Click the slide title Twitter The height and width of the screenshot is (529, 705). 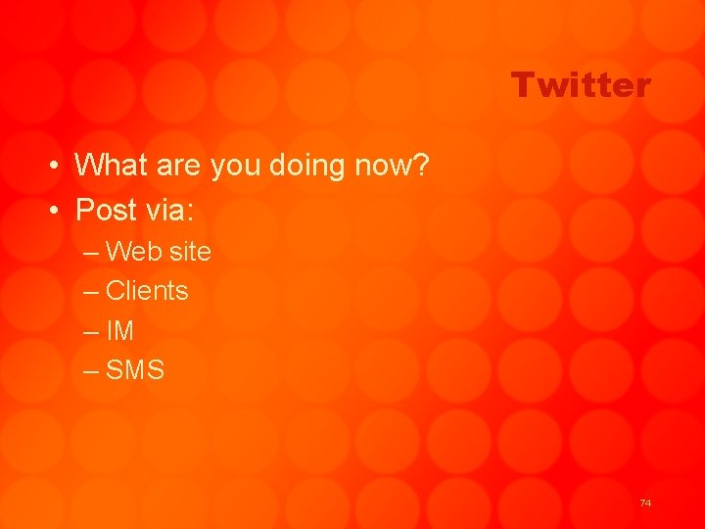click(580, 85)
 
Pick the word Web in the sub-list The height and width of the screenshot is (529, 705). click(133, 252)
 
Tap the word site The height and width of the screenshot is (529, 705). click(190, 252)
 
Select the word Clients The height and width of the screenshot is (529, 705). click(147, 291)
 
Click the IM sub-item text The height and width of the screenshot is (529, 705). click(119, 331)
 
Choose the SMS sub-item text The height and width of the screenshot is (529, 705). click(135, 371)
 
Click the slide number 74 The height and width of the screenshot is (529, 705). click(644, 503)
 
